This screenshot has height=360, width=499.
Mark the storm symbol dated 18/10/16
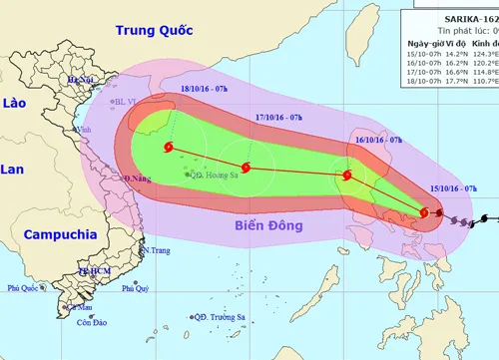pyautogui.click(x=167, y=149)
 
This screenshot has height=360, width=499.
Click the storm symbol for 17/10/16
pyautogui.click(x=246, y=167)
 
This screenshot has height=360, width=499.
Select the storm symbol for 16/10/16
pyautogui.click(x=347, y=177)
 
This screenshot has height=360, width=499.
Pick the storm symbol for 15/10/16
pyautogui.click(x=424, y=212)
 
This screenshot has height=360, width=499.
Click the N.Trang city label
pyautogui.click(x=156, y=251)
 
